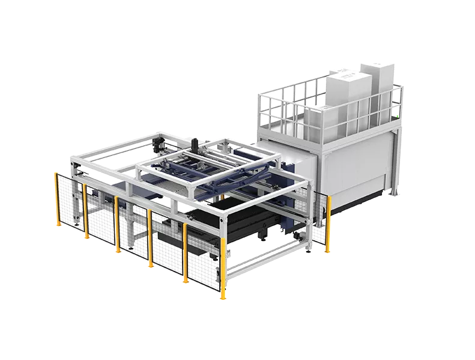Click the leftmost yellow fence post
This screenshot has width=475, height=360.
57,198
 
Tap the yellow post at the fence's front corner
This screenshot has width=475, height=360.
223,268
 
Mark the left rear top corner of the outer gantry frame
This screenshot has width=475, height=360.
71,157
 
